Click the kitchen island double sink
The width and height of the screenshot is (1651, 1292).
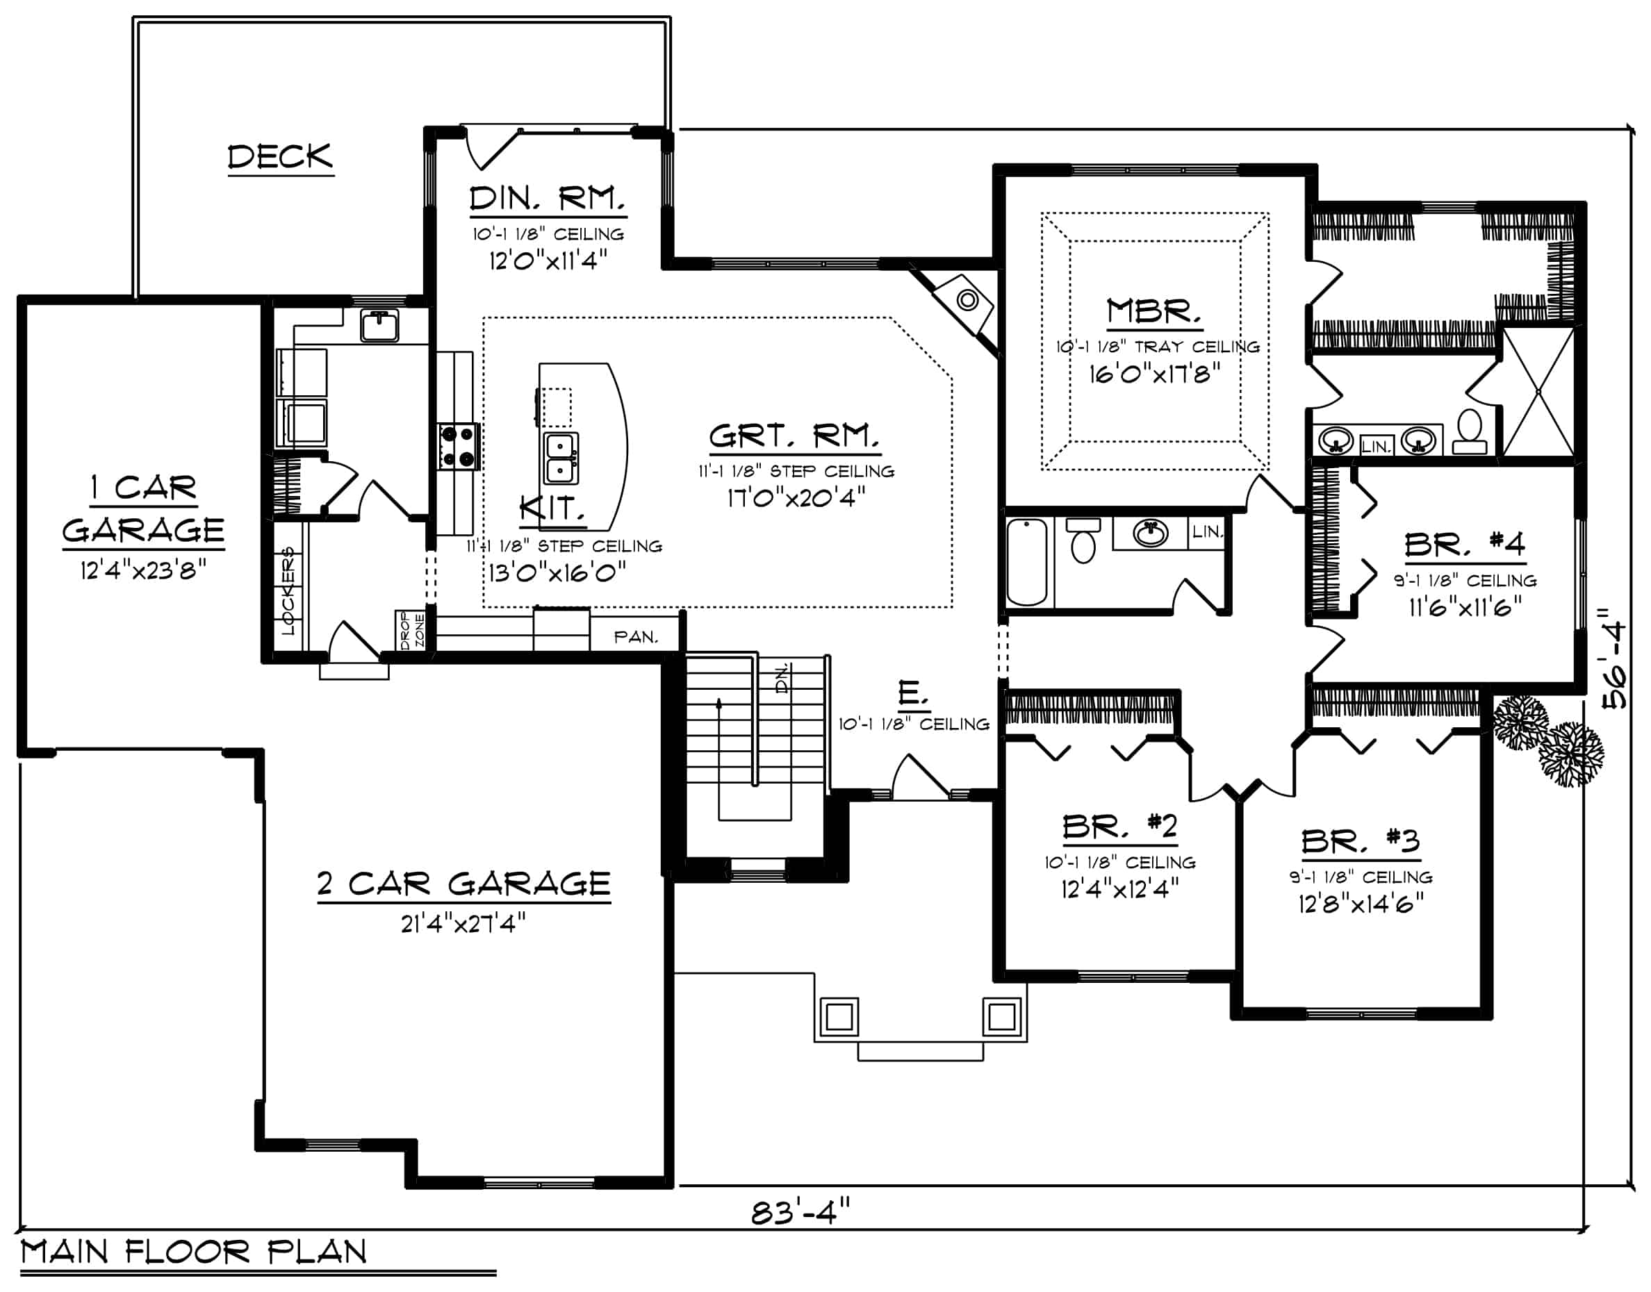pyautogui.click(x=561, y=458)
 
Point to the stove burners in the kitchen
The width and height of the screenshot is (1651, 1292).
pyautogui.click(x=459, y=447)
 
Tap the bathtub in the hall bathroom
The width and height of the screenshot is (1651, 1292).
pyautogui.click(x=1027, y=561)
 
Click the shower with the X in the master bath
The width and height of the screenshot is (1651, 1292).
pyautogui.click(x=1538, y=391)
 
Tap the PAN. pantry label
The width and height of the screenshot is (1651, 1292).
pyautogui.click(x=636, y=637)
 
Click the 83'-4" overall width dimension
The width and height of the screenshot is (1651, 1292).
pyautogui.click(x=800, y=1213)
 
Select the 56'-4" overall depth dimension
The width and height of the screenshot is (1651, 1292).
pyautogui.click(x=1616, y=655)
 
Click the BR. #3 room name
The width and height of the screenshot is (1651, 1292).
pyautogui.click(x=1360, y=841)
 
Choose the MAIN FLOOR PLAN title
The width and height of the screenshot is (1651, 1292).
pyautogui.click(x=194, y=1252)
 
